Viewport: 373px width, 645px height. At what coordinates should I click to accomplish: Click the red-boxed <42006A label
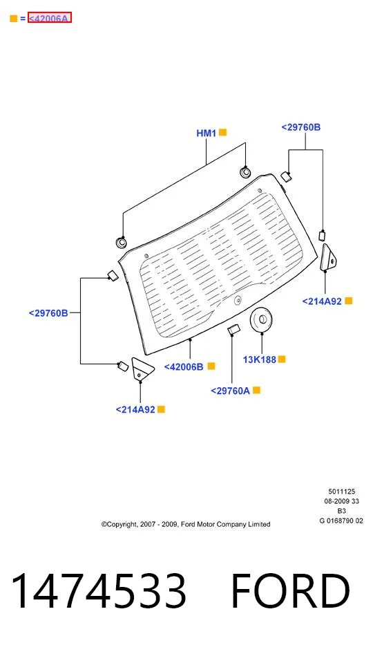point(49,18)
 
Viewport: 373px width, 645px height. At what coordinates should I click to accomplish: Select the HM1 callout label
point(207,133)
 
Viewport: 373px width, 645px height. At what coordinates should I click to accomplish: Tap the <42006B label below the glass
point(184,367)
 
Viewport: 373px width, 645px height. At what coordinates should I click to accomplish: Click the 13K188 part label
point(260,359)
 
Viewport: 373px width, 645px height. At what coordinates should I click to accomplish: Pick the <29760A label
point(230,391)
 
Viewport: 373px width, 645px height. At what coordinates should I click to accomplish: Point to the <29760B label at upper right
point(301,127)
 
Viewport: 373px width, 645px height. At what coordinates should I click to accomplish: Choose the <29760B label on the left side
point(48,313)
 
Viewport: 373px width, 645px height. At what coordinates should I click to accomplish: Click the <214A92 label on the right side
point(322,301)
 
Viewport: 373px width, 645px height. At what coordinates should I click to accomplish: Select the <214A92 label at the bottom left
point(135,410)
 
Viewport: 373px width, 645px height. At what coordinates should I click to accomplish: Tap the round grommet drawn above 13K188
point(261,319)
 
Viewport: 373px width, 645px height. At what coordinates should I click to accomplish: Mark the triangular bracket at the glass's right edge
point(327,258)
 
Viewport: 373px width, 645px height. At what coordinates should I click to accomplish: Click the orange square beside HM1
point(222,133)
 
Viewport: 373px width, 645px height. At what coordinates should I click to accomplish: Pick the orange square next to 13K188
point(281,359)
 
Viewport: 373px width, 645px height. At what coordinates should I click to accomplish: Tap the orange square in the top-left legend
point(14,19)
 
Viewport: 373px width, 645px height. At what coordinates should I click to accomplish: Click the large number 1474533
point(99,590)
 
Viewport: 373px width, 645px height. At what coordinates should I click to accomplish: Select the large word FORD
point(291,590)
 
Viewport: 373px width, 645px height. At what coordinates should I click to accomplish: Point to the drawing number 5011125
point(342,492)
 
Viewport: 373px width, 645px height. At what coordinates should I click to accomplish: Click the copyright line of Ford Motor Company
point(186,525)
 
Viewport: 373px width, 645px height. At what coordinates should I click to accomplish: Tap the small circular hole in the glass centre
point(237,301)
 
